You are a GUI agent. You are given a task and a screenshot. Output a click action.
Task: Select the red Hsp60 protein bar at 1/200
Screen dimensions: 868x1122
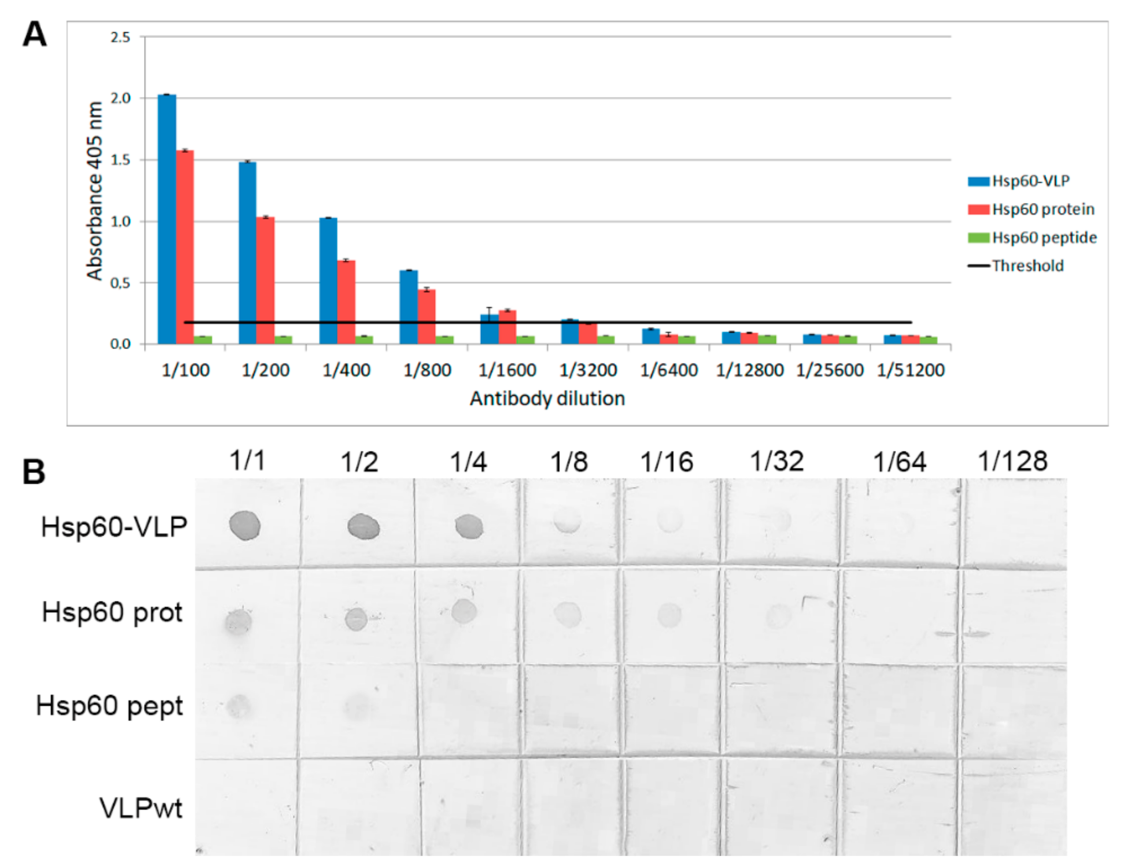coord(266,280)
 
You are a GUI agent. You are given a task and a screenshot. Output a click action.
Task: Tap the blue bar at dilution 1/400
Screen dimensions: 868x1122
coord(328,281)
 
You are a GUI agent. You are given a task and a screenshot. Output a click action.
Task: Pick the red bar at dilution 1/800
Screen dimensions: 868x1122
coord(426,317)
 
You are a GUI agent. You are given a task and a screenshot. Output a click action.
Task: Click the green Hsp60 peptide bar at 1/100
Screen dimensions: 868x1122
coord(203,340)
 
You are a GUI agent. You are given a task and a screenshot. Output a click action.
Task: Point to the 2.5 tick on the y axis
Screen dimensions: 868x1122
coord(120,37)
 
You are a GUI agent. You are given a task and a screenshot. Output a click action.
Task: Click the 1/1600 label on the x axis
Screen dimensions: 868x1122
coord(507,370)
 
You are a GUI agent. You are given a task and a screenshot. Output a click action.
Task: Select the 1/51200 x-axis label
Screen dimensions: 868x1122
coord(910,370)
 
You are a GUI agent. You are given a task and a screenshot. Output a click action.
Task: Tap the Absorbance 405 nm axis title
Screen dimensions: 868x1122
coord(95,191)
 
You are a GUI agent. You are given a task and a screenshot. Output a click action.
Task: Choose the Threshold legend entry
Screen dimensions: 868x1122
coord(1027,266)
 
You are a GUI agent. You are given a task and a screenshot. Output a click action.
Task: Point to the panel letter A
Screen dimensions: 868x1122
coord(34,35)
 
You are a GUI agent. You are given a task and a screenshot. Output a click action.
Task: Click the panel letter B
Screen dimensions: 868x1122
coord(34,471)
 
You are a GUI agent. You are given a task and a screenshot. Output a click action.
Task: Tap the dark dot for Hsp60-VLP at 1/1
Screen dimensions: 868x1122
coord(245,526)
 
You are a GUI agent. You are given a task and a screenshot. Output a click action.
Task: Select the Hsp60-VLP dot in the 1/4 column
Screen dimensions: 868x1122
coord(469,527)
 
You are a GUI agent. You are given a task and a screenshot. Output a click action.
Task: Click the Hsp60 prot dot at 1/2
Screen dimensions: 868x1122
coord(356,619)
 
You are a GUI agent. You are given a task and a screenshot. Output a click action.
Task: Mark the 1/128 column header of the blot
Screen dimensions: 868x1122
coord(1012,461)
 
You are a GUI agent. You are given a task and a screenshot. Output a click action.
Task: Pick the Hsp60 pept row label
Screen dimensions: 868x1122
coord(109,706)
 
